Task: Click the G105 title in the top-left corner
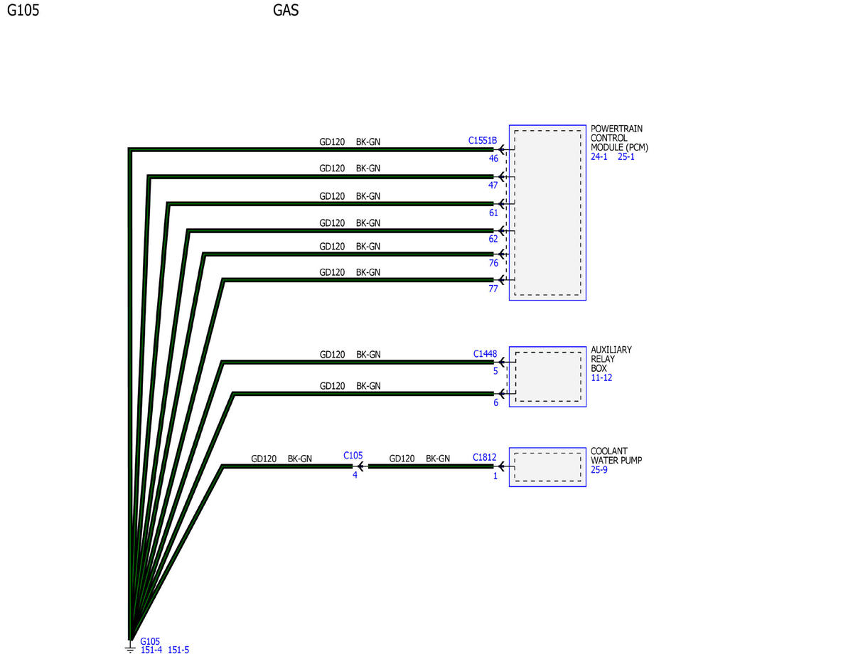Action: tap(23, 10)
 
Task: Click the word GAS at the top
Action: tap(285, 10)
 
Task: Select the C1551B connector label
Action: tap(482, 140)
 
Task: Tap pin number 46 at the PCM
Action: tap(493, 159)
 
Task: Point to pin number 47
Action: tap(493, 185)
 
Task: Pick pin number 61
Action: tap(493, 213)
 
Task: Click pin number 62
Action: tap(493, 239)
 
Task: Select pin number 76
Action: tap(493, 262)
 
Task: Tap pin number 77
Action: tap(493, 289)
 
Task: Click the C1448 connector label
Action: tap(485, 353)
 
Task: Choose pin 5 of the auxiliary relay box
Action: tap(495, 371)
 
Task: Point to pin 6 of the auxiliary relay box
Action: tap(495, 402)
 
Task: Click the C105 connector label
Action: tap(353, 455)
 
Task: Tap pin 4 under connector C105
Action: tap(355, 475)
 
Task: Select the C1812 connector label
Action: tap(484, 457)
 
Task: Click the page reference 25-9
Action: tap(599, 469)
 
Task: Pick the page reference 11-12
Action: tap(601, 377)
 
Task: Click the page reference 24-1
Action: tap(599, 156)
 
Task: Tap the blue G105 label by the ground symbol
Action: tap(149, 641)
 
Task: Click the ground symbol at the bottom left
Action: tap(129, 647)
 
